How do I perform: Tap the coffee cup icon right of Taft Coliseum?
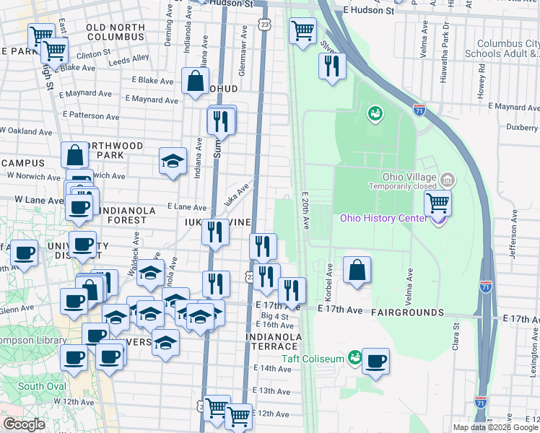[x=375, y=360]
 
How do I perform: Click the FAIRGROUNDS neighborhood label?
[x=407, y=312]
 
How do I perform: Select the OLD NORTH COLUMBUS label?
[x=116, y=31]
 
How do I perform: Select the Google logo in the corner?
[x=25, y=424]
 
